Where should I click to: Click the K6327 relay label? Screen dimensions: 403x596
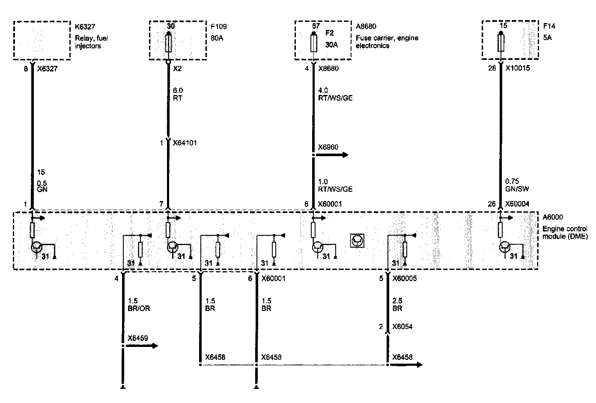(84, 27)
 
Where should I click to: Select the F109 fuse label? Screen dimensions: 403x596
(218, 27)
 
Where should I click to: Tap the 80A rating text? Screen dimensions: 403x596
(217, 38)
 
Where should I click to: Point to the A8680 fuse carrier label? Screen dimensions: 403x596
(366, 27)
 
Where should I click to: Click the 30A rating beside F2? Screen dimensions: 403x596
(331, 45)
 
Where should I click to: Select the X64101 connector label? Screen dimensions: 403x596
(185, 143)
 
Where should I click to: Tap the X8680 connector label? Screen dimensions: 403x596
(328, 68)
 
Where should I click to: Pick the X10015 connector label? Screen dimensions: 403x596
(517, 68)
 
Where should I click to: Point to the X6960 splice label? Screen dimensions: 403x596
(328, 148)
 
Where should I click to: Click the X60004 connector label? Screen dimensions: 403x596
(517, 204)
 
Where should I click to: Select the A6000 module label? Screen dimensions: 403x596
(553, 217)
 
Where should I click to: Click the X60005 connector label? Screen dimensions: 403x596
(405, 279)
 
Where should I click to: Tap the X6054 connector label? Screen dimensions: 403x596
(402, 327)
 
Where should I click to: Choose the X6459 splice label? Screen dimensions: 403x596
(137, 338)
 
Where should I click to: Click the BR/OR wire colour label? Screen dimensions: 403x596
(139, 308)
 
